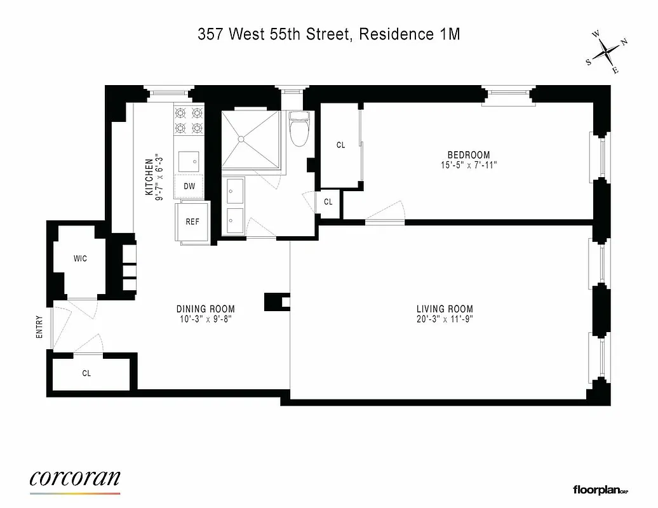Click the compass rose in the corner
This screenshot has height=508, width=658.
pyautogui.click(x=607, y=52)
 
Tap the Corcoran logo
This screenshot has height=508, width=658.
pyautogui.click(x=75, y=479)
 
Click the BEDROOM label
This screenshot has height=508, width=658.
pyautogui.click(x=469, y=155)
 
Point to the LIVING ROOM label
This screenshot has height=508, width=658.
pyautogui.click(x=443, y=309)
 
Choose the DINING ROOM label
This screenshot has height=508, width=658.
pyautogui.click(x=201, y=309)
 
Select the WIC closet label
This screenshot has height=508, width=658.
pyautogui.click(x=80, y=258)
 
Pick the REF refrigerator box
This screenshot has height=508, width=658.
pyautogui.click(x=192, y=222)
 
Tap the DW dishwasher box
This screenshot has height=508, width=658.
pyautogui.click(x=189, y=187)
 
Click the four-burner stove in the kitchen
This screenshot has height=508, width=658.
pyautogui.click(x=189, y=121)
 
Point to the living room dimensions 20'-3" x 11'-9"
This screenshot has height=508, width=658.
pyautogui.click(x=443, y=319)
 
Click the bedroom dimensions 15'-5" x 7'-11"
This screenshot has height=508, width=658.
pyautogui.click(x=469, y=165)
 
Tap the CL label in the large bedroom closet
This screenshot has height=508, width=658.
pyautogui.click(x=340, y=145)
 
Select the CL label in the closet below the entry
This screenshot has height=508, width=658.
pyautogui.click(x=86, y=373)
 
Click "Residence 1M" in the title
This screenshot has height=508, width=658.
pyautogui.click(x=409, y=34)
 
